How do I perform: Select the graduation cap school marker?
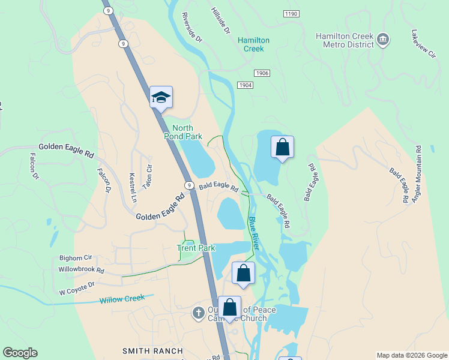tap(161, 97)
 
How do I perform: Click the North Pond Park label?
tap(187, 132)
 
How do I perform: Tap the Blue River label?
tap(254, 233)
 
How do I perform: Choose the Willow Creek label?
tap(122, 299)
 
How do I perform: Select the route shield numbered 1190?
tap(291, 13)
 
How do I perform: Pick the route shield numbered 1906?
tap(261, 73)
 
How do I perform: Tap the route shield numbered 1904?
tap(246, 85)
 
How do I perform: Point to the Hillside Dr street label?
tap(221, 20)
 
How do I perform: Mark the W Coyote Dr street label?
tap(77, 289)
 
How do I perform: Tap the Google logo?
tap(20, 353)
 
